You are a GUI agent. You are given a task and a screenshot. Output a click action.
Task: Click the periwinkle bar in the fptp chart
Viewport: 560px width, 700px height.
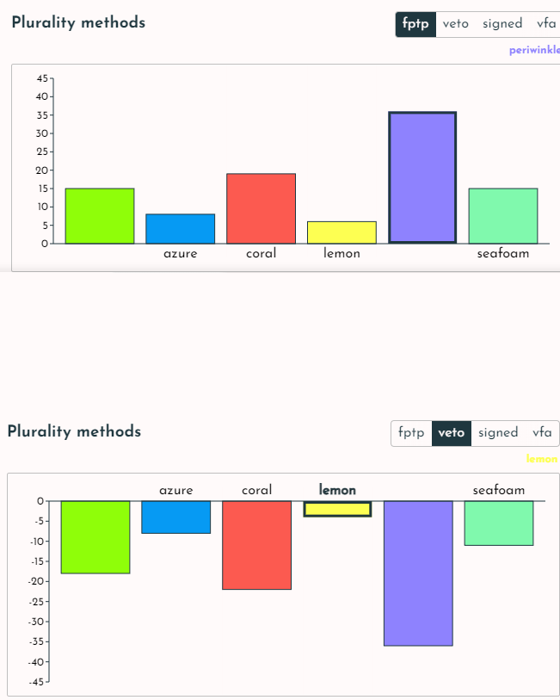tap(422, 177)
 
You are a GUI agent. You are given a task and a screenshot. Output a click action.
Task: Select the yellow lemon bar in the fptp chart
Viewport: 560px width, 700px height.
tap(342, 232)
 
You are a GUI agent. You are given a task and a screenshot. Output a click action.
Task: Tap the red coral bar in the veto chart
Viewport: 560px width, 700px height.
tap(256, 545)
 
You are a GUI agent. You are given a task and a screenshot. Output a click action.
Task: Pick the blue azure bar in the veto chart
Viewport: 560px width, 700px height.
tap(175, 517)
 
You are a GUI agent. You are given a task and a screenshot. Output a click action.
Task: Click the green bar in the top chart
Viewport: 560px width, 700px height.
tap(100, 215)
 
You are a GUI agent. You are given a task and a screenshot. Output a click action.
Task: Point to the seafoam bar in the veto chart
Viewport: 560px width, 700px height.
tap(499, 523)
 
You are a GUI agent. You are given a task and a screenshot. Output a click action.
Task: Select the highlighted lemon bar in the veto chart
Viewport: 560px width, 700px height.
tap(337, 509)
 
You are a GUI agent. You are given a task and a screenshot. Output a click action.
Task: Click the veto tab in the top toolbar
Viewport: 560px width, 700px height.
tap(456, 24)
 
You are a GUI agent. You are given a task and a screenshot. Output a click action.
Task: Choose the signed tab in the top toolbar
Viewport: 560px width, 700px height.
tap(502, 24)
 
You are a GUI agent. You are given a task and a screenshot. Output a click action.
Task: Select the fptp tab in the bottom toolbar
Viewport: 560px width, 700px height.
tap(411, 433)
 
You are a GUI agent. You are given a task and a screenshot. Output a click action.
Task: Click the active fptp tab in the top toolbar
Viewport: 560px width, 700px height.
tap(415, 24)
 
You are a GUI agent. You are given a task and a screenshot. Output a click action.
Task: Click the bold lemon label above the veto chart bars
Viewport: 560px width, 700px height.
tap(337, 490)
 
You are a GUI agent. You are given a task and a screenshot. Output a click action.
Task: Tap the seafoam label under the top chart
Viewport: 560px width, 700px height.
tap(502, 254)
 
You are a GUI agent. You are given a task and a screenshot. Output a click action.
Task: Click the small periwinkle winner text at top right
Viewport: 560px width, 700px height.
tap(533, 51)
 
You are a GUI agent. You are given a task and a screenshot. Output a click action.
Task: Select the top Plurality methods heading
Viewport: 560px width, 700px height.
tap(78, 22)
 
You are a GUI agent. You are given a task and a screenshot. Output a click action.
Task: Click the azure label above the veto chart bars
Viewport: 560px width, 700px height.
tap(175, 490)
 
